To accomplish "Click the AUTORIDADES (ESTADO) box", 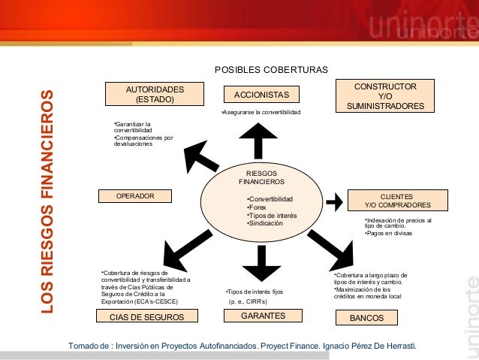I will (x=154, y=94).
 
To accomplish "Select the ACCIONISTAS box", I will (x=261, y=95).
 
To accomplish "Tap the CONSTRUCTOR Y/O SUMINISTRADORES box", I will (x=385, y=96).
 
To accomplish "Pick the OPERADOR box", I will (x=135, y=196).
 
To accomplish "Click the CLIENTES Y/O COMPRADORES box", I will (x=397, y=200).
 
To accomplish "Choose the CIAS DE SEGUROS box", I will (x=146, y=317).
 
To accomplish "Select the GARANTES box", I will (x=262, y=316).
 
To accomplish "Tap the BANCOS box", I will (x=366, y=318).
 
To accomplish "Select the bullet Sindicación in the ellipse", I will (x=266, y=224).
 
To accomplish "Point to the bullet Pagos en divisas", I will (x=390, y=233).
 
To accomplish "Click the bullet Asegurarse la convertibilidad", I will (x=255, y=112).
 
